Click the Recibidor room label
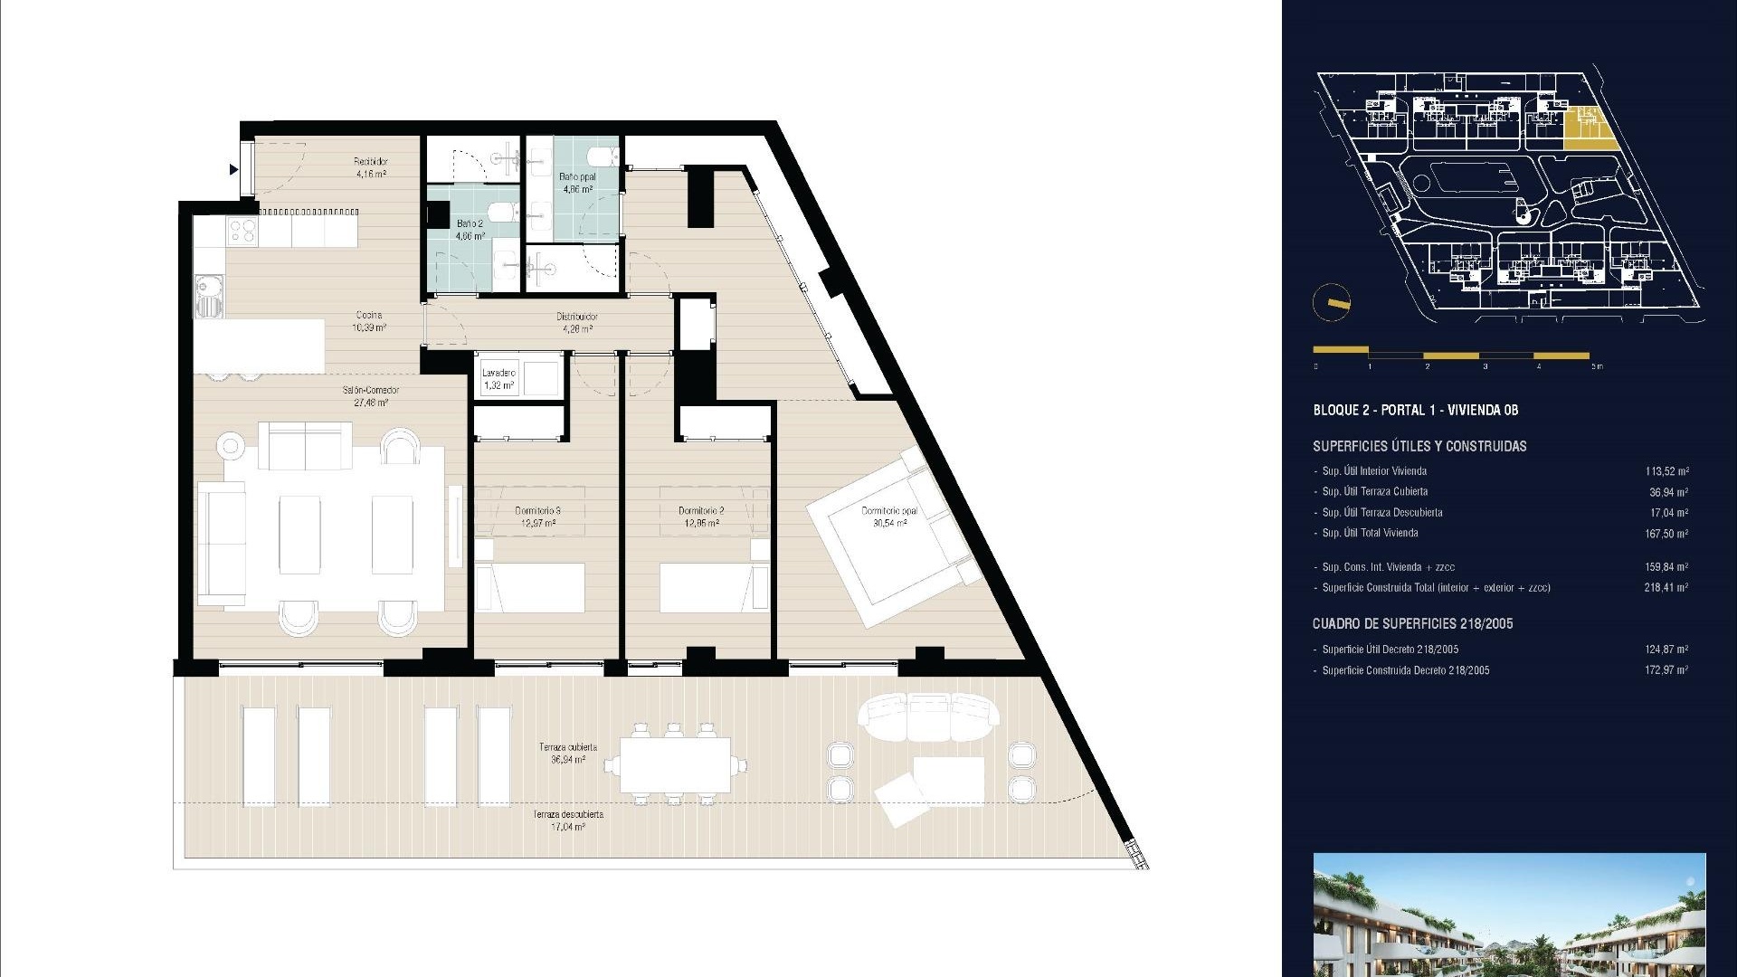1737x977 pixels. tap(370, 167)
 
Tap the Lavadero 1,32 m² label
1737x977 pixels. tap(498, 379)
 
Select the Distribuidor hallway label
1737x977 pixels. tap(576, 322)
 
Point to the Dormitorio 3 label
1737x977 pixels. tap(537, 517)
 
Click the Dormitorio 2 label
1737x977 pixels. tap(701, 517)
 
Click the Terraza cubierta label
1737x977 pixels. tap(567, 754)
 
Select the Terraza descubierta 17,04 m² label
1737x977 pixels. tap(567, 820)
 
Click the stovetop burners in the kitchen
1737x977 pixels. tap(242, 232)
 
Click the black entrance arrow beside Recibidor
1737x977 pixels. tap(233, 169)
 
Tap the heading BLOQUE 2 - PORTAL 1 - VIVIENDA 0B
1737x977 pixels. tap(1415, 411)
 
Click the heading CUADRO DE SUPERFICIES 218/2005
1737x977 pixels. tap(1412, 624)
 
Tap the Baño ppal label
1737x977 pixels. tap(576, 184)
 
